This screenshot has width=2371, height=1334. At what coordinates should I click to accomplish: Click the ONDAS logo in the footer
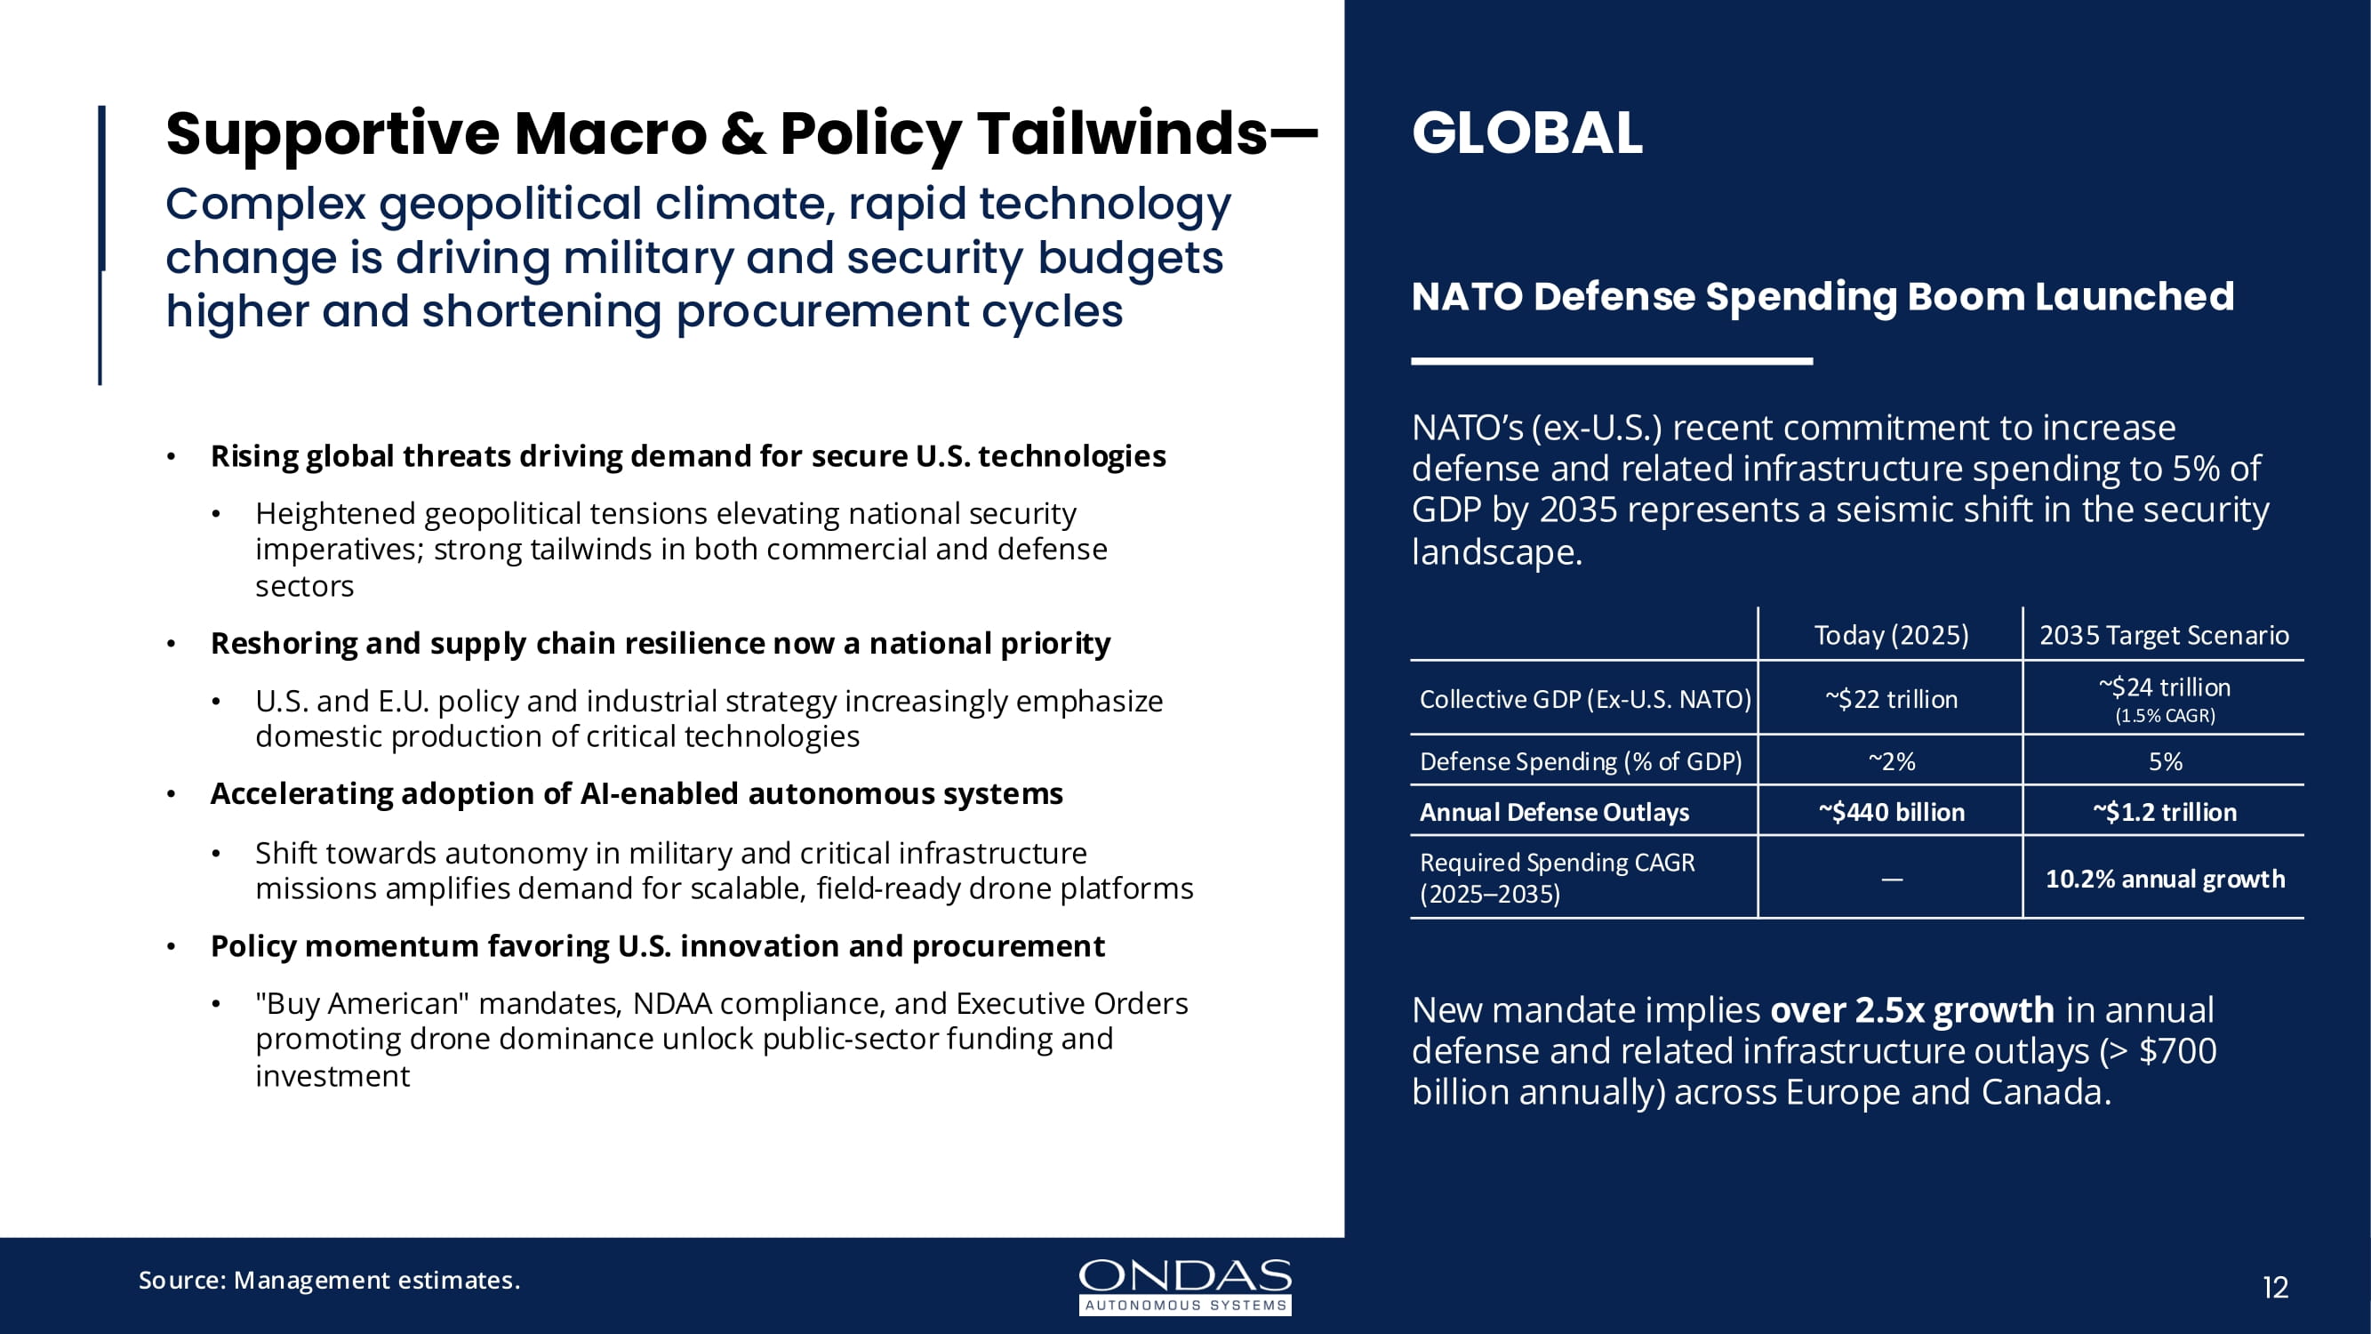coord(1184,1285)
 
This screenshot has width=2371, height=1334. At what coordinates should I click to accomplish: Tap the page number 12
coord(2274,1287)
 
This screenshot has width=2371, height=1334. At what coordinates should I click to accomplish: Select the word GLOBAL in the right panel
coord(1527,133)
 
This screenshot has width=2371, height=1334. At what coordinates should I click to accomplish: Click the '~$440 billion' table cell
coord(1891,812)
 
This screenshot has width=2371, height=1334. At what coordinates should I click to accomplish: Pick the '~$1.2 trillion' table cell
coord(2164,812)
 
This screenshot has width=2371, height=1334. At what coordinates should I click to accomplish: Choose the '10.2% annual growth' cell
coord(2164,880)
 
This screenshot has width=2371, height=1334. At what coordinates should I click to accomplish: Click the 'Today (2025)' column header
coord(1891,635)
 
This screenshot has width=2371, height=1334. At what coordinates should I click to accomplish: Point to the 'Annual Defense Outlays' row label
coord(1554,812)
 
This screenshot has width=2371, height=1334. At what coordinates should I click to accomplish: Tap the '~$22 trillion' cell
coord(1891,700)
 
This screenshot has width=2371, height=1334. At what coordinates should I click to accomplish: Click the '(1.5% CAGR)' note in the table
coord(2164,716)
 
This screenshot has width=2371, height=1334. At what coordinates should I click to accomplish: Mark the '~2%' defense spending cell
coord(1891,761)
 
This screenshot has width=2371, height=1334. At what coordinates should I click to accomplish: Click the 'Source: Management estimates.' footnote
coord(329,1280)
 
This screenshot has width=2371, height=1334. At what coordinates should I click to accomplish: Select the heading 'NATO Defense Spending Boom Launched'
coord(1822,296)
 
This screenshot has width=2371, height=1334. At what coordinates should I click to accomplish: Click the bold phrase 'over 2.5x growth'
coord(1911,1010)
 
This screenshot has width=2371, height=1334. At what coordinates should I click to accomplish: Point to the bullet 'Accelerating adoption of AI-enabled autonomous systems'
coord(636,793)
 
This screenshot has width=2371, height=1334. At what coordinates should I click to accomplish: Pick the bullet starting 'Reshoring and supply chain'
coord(660,643)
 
